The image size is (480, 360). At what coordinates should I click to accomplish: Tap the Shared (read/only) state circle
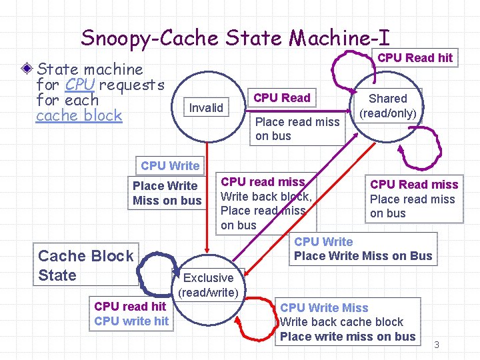[x=387, y=106]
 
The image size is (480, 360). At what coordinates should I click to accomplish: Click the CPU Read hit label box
[x=415, y=58]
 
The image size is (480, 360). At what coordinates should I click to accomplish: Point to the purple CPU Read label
[x=282, y=98]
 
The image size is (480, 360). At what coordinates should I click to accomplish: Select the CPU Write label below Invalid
[x=170, y=165]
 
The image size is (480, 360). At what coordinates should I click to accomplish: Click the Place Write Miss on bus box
[x=167, y=193]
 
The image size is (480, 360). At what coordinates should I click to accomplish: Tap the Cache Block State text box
[x=85, y=265]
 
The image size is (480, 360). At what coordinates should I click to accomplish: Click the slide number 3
[x=437, y=345]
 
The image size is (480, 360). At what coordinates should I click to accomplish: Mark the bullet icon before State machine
[x=27, y=69]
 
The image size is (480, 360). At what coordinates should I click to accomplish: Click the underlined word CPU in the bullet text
[x=80, y=85]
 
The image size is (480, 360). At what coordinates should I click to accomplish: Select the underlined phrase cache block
[x=79, y=115]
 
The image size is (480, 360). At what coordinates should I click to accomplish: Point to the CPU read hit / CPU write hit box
[x=131, y=314]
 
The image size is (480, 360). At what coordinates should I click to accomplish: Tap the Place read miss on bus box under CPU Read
[x=297, y=129]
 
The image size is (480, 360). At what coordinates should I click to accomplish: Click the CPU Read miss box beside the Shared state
[x=413, y=199]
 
